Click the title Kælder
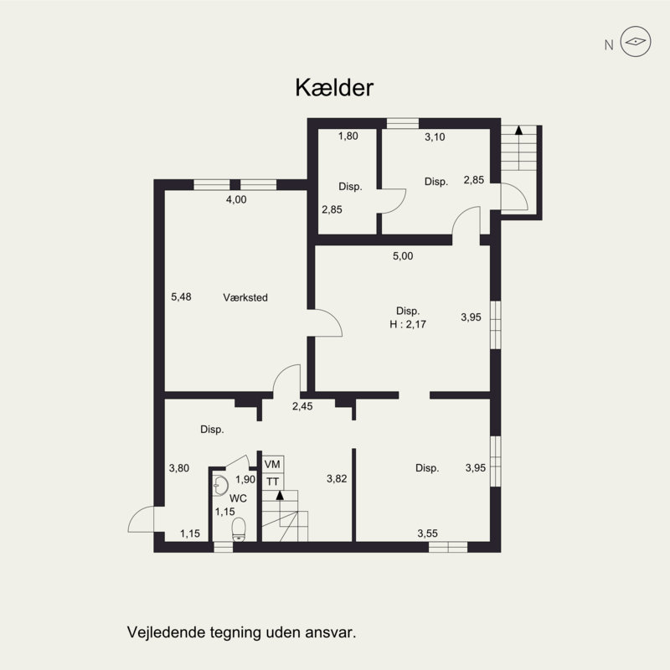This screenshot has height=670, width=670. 334,88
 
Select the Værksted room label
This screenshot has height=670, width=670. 245,296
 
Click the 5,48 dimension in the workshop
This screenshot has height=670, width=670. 181,296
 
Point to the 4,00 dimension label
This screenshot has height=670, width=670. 237,199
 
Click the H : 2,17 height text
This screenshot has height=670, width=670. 408,325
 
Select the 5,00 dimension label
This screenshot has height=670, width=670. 403,256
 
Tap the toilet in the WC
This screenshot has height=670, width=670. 239,528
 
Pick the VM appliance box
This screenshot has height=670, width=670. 272,464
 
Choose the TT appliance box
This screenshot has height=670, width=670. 272,482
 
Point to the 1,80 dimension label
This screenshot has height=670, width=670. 348,136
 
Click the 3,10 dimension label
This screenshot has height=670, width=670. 435,137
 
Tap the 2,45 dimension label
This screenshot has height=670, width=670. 302,407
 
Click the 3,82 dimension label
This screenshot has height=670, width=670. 337,478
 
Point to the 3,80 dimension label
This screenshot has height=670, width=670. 179,468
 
